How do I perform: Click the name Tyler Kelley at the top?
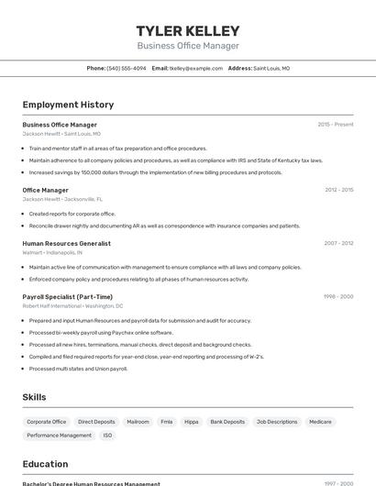coord(188,30)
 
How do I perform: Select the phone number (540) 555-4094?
coord(127,68)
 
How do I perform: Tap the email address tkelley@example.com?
coord(196,68)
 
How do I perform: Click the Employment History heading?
coord(68,105)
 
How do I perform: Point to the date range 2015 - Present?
coord(336,125)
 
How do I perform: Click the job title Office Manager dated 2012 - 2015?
coord(46,190)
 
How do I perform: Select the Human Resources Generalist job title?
coord(66,244)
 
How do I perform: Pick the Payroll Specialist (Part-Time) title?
coord(68,297)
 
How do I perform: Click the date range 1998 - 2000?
coord(338,297)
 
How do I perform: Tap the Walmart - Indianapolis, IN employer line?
coord(52,252)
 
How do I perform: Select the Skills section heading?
coord(35,397)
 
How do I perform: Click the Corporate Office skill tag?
coord(47,422)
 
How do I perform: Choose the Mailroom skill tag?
coord(138,422)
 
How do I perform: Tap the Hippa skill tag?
coord(192,422)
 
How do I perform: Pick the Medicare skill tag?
coord(320,422)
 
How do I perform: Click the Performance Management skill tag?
coord(59,436)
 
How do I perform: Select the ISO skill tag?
coord(108,436)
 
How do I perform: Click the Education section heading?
coord(45,464)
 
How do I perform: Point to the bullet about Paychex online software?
coord(101,333)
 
